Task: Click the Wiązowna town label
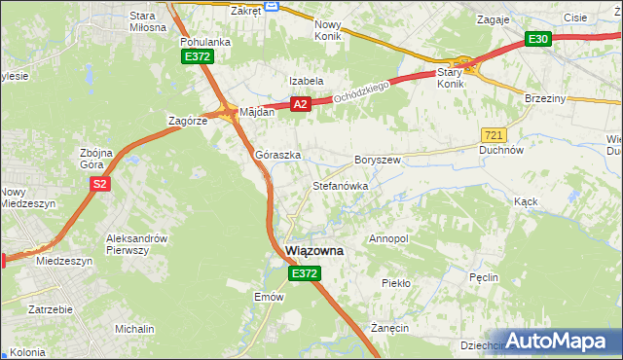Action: [x=314, y=250]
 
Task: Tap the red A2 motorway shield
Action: [x=300, y=104]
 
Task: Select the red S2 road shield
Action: [x=99, y=183]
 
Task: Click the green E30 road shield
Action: [x=538, y=39]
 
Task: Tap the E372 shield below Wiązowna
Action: [x=303, y=275]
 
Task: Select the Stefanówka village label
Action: [x=339, y=185]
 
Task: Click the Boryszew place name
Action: [x=378, y=159]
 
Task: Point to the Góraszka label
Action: [x=277, y=155]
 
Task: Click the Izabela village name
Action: [x=305, y=81]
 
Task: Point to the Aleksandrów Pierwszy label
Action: [x=138, y=244]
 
